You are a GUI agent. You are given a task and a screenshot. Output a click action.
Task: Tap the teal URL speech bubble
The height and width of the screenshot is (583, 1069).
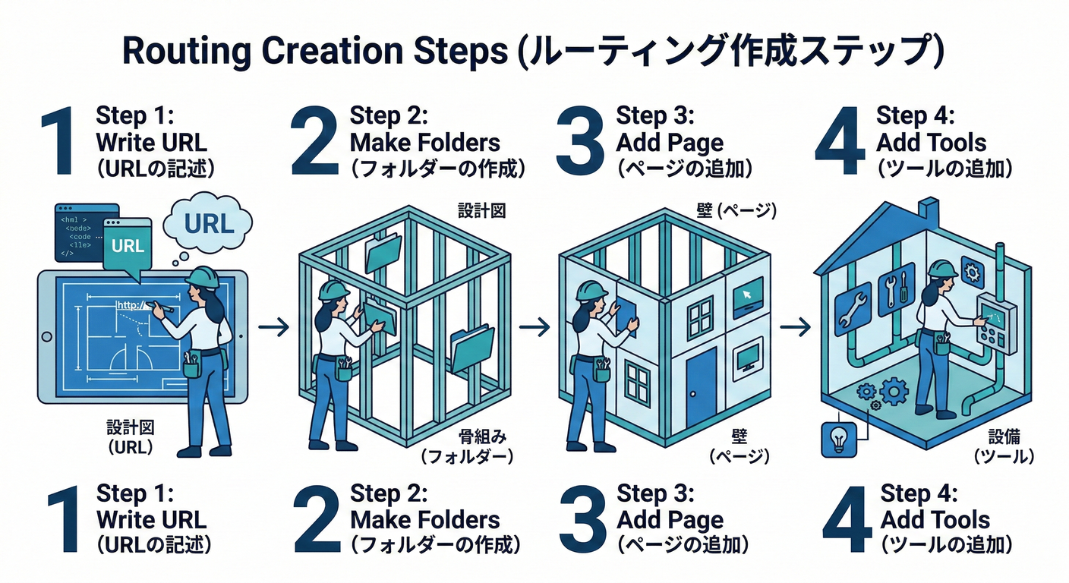pyautogui.click(x=128, y=246)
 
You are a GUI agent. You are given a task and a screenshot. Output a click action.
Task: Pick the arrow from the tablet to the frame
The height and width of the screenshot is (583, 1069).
pyautogui.click(x=273, y=327)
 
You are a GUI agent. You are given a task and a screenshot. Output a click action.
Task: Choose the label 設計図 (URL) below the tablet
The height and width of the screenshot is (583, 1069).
pyautogui.click(x=130, y=438)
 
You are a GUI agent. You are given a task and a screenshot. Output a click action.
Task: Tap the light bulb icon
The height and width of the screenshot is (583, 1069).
pyautogui.click(x=839, y=440)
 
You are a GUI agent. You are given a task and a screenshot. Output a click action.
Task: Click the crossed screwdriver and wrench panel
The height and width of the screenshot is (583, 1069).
pyautogui.click(x=895, y=288)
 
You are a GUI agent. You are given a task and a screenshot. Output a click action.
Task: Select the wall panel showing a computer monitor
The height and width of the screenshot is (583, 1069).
pyautogui.click(x=748, y=356)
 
